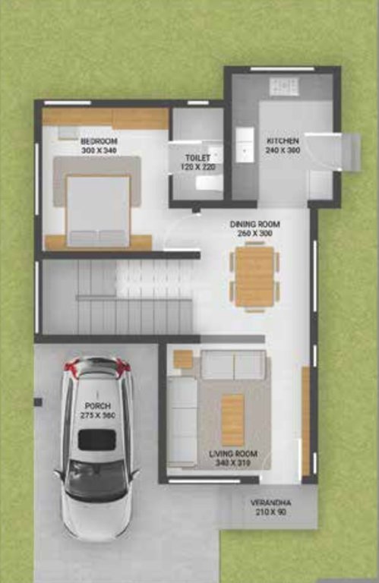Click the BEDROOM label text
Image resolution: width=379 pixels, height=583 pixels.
pos(99,141)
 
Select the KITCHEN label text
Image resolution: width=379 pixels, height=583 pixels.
pos(283,141)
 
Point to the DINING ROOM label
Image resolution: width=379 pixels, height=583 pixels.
pos(255,225)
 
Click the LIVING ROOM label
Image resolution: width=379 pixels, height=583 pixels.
pos(233,454)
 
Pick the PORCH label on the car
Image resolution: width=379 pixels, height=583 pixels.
pos(98,407)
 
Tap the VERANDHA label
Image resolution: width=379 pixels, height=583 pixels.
pos(271,503)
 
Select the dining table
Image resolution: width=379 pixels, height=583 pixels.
pos(254,277)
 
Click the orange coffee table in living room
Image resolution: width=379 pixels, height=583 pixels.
pos(232,418)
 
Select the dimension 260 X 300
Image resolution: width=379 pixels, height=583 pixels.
pos(255,234)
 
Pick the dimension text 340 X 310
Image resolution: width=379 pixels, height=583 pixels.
pos(233,462)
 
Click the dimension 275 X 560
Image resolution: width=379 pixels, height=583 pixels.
pos(98,416)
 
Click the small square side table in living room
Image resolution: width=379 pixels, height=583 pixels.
pos(183,359)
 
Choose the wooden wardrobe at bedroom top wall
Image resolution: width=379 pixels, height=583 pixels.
pos(106,118)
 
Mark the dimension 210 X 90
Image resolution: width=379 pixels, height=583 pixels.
pos(271,512)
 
